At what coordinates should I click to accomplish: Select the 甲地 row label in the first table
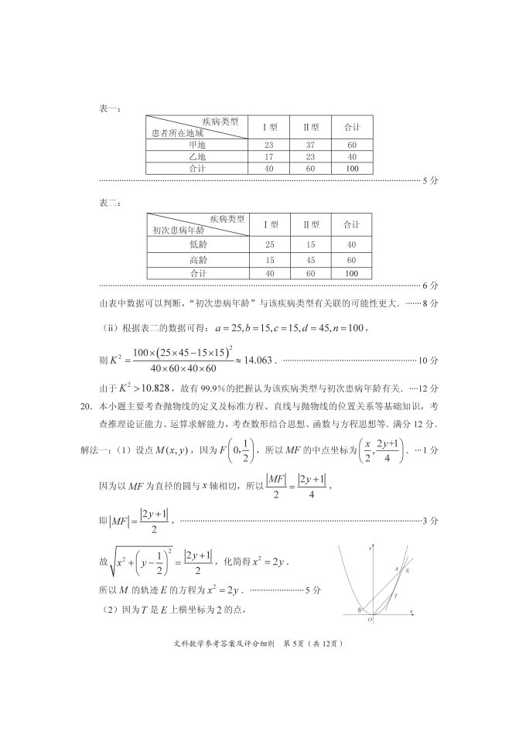pyautogui.click(x=197, y=145)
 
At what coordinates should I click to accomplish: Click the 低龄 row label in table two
pyautogui.click(x=199, y=244)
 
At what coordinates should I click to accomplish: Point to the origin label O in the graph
pyautogui.click(x=370, y=619)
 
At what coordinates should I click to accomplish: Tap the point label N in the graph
pyautogui.click(x=408, y=569)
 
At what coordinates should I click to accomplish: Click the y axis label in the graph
pyautogui.click(x=370, y=548)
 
